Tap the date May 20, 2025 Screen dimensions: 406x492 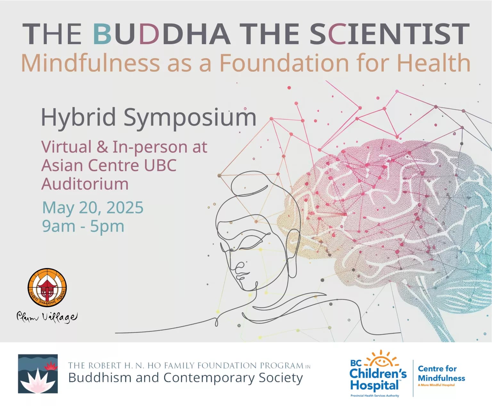(x=93, y=207)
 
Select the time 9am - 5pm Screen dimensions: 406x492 (x=83, y=226)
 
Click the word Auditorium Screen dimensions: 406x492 (x=85, y=184)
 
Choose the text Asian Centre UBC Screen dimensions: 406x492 (x=109, y=165)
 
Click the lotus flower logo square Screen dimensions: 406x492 (x=38, y=374)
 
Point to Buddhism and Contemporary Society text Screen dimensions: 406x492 (x=185, y=378)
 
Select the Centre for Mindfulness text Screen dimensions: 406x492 (x=441, y=373)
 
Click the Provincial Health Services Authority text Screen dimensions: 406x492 (x=375, y=396)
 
